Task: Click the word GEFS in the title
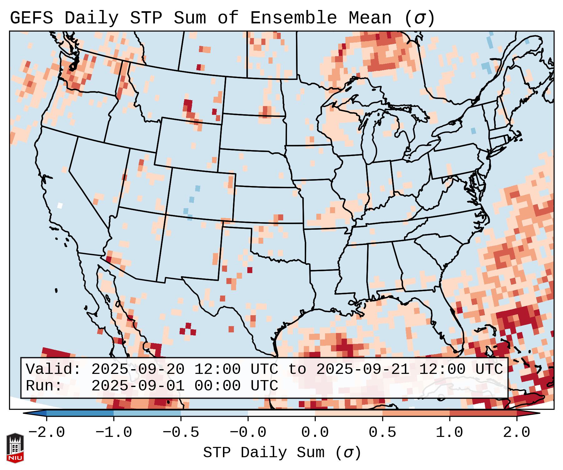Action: pos(31,18)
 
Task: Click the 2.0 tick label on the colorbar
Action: pos(516,433)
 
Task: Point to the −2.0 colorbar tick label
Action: pos(47,433)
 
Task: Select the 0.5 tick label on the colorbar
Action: pos(382,433)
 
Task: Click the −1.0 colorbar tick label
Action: pos(114,433)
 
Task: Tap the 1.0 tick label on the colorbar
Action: pos(449,433)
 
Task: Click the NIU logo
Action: pos(15,448)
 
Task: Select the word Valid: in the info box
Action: pos(53,370)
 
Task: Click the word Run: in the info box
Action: pos(44,386)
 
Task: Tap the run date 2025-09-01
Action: pos(138,386)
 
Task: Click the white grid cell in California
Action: pos(60,205)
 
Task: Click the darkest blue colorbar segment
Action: pos(80,413)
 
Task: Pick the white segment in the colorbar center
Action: pos(281,413)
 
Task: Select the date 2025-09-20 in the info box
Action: pos(138,370)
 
